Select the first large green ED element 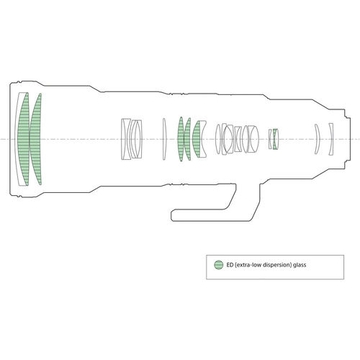tap(24, 139)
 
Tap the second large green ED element tap(35, 139)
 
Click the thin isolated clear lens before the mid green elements tap(164, 139)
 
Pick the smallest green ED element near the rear tap(276, 139)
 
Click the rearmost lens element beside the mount tap(331, 139)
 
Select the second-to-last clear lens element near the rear tap(317, 139)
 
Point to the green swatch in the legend tap(218, 265)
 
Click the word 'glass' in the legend tap(300, 265)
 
